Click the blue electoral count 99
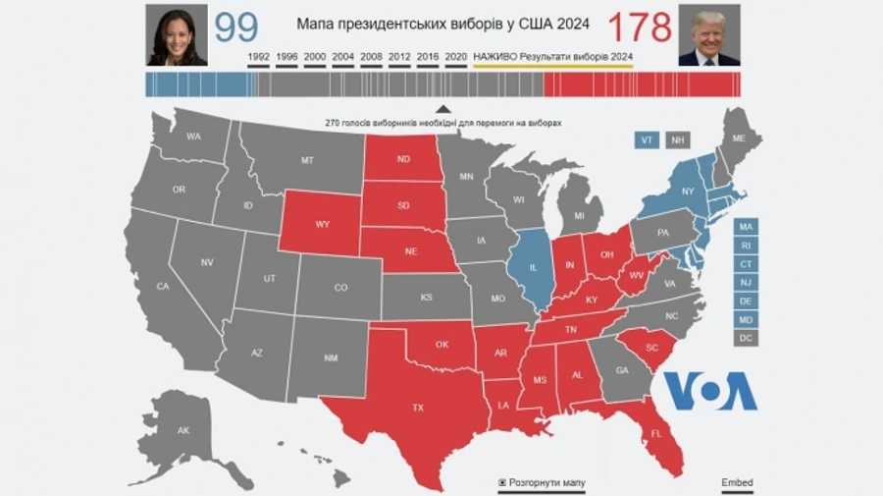pyautogui.click(x=235, y=28)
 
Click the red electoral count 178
pyautogui.click(x=640, y=28)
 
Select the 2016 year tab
pyautogui.click(x=428, y=57)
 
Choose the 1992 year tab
pyautogui.click(x=260, y=57)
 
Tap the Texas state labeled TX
pyautogui.click(x=417, y=407)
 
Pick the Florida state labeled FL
pyautogui.click(x=656, y=432)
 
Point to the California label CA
pyautogui.click(x=163, y=286)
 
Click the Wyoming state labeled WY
pyautogui.click(x=322, y=224)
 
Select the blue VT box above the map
pyautogui.click(x=647, y=139)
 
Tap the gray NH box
pyautogui.click(x=677, y=139)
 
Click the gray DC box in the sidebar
pyautogui.click(x=746, y=338)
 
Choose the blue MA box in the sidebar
pyautogui.click(x=746, y=227)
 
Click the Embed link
pyautogui.click(x=737, y=483)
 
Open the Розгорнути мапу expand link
pyautogui.click(x=546, y=483)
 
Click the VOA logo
pyautogui.click(x=711, y=390)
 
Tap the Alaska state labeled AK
pyautogui.click(x=182, y=430)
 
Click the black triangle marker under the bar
pyautogui.click(x=442, y=109)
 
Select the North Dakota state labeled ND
pyautogui.click(x=402, y=159)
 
